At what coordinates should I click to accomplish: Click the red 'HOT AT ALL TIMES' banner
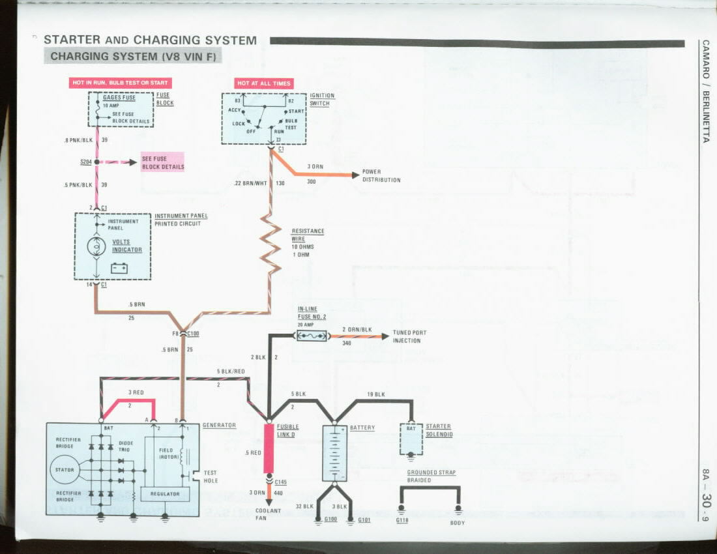pos(264,83)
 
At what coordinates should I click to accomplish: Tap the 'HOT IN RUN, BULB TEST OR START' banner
pos(120,83)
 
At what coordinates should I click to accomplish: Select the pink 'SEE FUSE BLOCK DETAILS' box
pos(163,162)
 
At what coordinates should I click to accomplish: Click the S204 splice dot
pos(97,162)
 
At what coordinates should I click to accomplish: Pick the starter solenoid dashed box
pos(411,439)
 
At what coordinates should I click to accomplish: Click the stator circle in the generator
pos(65,469)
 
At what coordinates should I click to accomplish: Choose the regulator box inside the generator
pos(165,494)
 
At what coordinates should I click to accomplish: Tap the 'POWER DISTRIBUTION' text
pos(381,176)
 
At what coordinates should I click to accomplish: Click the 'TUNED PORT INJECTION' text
pos(409,336)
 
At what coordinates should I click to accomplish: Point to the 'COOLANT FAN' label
pos(268,514)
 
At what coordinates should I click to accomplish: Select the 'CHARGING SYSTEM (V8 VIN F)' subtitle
pos(133,56)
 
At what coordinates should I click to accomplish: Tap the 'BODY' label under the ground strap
pos(458,523)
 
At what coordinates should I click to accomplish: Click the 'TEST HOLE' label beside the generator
pos(211,476)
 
